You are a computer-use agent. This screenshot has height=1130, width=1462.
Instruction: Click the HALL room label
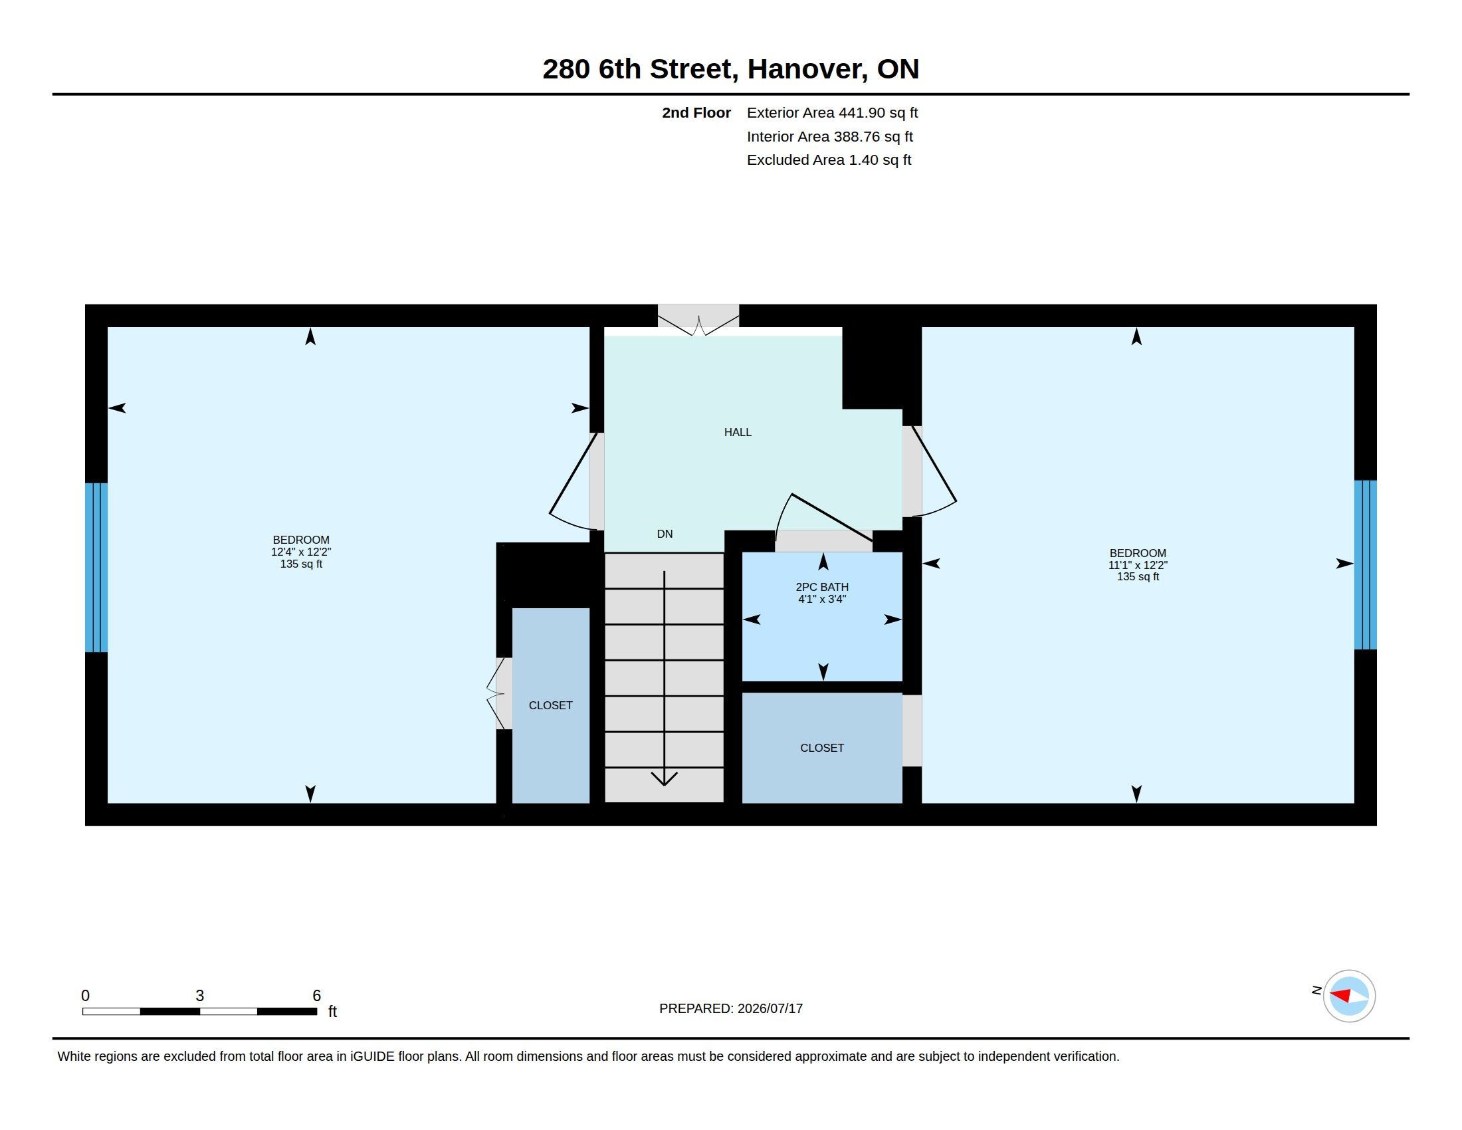(x=738, y=433)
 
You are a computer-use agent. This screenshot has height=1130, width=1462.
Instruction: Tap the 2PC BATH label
(x=822, y=587)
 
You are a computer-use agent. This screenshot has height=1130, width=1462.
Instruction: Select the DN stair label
(x=665, y=534)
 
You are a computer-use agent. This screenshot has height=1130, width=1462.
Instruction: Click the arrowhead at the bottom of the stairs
(x=664, y=778)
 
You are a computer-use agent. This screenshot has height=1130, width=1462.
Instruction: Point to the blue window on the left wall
(x=96, y=568)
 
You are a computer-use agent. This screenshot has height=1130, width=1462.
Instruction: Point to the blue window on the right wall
(x=1366, y=565)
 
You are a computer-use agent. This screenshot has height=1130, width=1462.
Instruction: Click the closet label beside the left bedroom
(x=550, y=705)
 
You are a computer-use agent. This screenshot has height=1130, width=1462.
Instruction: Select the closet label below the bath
(x=822, y=748)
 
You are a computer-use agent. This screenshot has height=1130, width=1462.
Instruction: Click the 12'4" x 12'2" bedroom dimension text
(x=301, y=552)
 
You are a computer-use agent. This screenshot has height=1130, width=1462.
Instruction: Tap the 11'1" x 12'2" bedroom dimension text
(x=1138, y=565)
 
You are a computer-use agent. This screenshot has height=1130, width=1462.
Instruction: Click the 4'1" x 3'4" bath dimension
(x=822, y=599)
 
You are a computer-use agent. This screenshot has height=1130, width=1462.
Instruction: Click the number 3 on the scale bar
(x=199, y=996)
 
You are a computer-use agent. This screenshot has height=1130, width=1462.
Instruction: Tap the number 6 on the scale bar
(x=316, y=996)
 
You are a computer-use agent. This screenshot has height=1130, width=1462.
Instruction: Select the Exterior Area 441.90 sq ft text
(x=832, y=113)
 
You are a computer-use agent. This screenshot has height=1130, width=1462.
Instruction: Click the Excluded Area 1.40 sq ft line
(x=829, y=160)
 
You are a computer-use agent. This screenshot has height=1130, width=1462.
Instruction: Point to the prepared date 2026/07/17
(x=770, y=1008)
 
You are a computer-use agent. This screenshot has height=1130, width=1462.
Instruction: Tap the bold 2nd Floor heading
(x=696, y=113)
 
